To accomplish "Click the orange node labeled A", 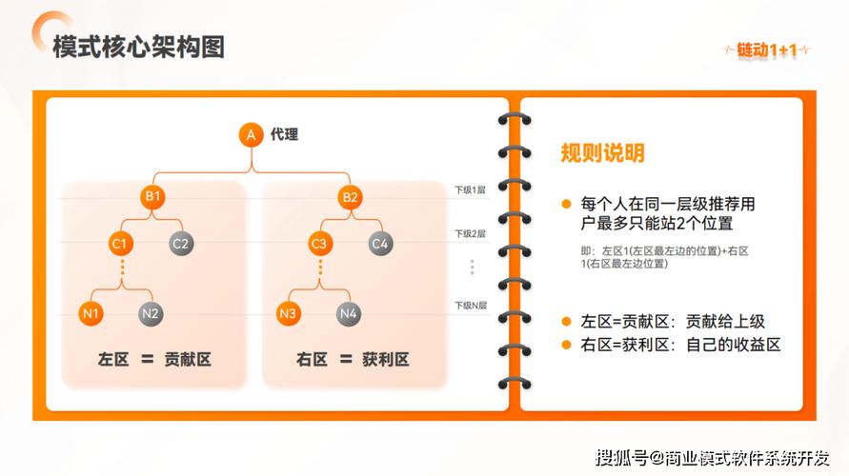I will coord(251,135).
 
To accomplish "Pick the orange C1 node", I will coord(120,244).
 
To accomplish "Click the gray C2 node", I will coord(181,244).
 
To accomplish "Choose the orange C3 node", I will coord(319,244).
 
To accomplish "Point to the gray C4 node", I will coord(380,244).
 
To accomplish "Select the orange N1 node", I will coord(91,312).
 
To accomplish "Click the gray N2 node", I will coord(151,312).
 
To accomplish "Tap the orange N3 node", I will coord(290,312).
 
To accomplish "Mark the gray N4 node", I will coord(350,312).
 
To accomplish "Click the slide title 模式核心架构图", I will coord(139,47).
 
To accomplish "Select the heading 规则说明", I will coord(602,153).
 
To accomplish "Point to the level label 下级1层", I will coord(470,190).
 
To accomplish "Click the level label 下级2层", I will coord(470,233).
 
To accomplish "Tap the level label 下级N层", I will coord(470,306).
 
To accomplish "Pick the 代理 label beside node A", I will coord(284,135).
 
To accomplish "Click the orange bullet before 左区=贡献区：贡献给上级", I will coord(566,322).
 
